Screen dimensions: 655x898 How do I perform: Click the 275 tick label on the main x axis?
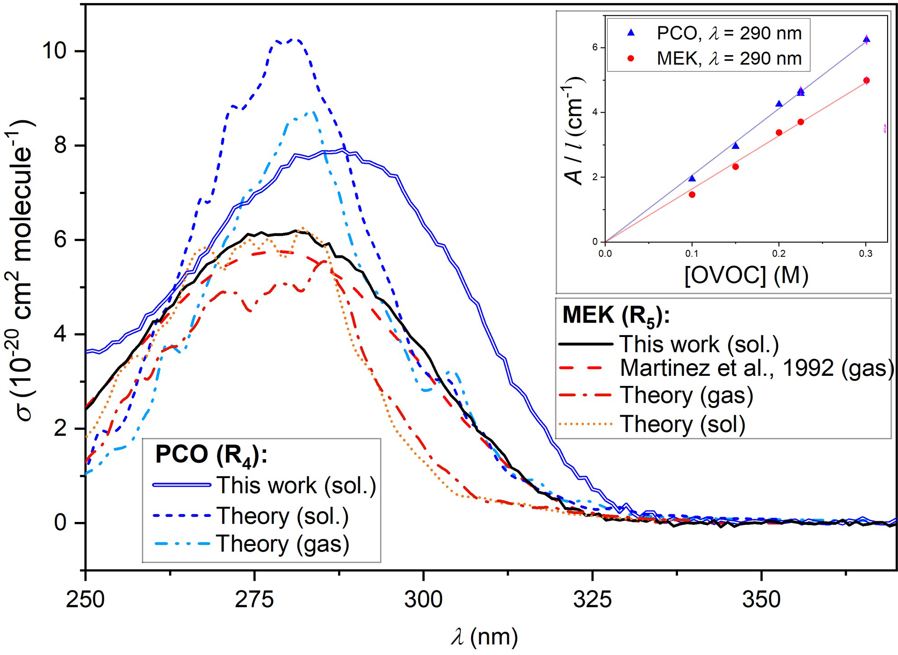point(254,599)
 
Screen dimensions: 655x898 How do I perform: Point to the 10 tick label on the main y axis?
point(56,51)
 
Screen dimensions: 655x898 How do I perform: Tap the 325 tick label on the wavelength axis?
point(592,599)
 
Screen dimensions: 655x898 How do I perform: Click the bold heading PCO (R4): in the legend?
point(211,454)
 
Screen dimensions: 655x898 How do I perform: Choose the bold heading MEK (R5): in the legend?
point(616,315)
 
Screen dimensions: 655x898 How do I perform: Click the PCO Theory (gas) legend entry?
point(283,544)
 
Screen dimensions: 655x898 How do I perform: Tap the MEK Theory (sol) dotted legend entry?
point(682,424)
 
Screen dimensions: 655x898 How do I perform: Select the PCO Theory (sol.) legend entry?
point(283,516)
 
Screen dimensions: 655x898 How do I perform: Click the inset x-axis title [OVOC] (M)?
point(746,275)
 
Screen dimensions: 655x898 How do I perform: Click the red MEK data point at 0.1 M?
point(692,195)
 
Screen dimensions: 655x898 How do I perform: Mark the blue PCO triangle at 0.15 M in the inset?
point(736,146)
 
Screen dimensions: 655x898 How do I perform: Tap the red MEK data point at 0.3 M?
point(866,81)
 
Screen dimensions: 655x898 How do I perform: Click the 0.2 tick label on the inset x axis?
point(779,254)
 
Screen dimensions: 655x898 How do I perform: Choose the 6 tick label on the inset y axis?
point(595,47)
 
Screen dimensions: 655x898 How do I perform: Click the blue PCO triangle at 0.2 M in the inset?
point(779,104)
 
